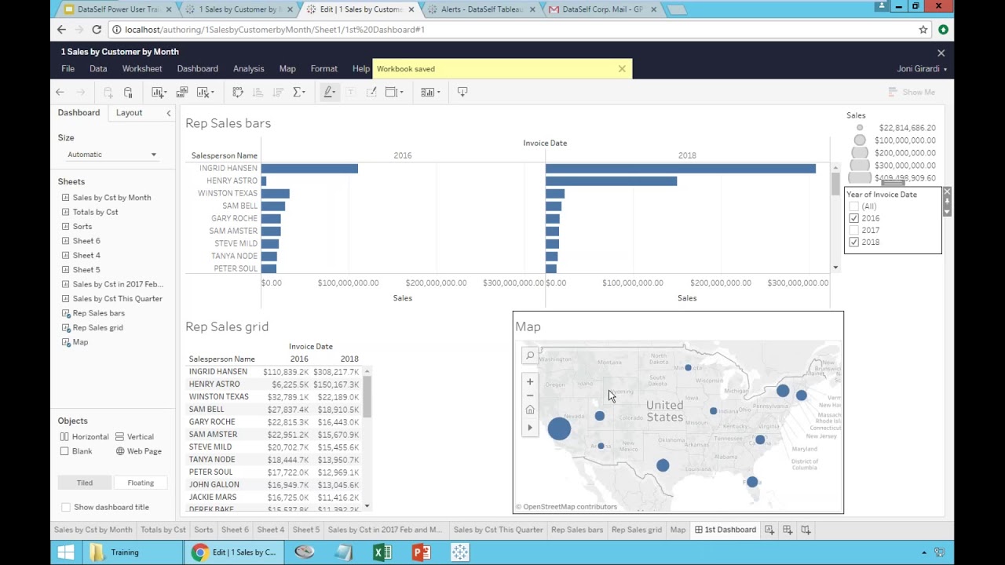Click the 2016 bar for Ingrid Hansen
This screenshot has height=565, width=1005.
point(309,169)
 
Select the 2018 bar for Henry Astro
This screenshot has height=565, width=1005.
point(611,181)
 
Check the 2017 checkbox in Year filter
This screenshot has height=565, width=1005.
point(854,231)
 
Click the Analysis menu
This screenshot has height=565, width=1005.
point(248,69)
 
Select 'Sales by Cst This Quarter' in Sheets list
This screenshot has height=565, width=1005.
point(117,299)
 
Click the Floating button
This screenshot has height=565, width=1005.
point(141,483)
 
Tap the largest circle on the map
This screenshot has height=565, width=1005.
point(559,428)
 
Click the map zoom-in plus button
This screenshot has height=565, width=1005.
point(530,382)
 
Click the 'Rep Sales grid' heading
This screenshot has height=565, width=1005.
point(227,326)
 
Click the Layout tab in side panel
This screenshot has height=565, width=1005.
point(129,113)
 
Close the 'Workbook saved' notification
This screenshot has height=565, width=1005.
point(622,69)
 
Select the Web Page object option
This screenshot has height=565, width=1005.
point(139,451)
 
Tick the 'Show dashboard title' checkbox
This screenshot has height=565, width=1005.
point(66,508)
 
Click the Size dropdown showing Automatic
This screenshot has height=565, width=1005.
point(111,155)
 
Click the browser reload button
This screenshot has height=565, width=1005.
point(97,30)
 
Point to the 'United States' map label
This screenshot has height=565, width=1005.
point(664,411)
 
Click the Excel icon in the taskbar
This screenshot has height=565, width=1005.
point(382,552)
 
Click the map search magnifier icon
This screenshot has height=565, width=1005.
point(530,355)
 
